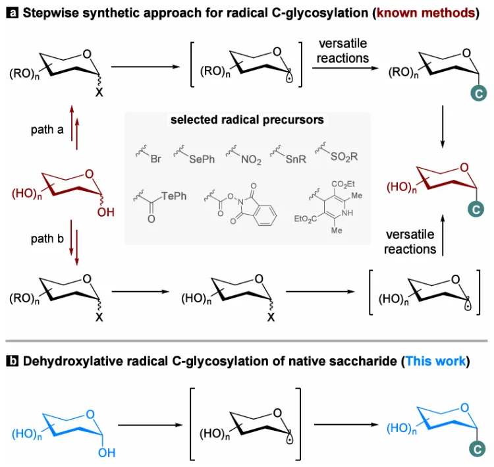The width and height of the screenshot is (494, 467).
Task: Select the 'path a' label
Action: pos(46,130)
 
